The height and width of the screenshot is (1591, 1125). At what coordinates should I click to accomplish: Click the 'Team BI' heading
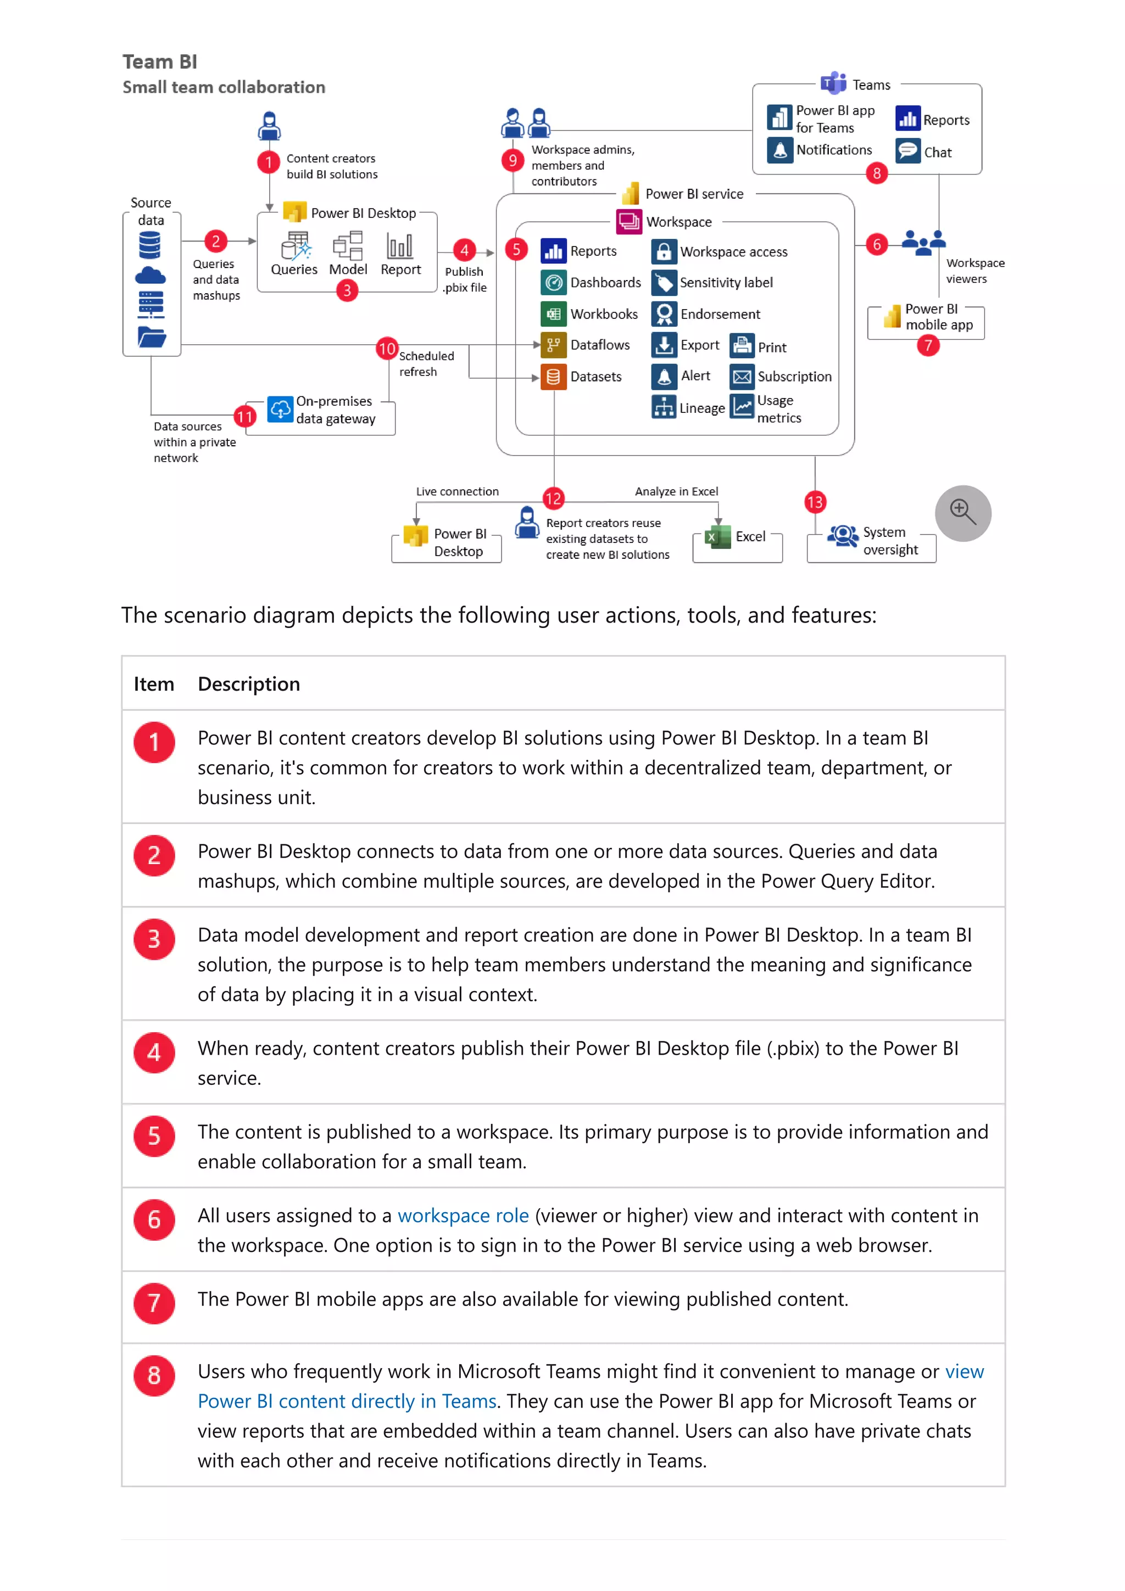click(x=159, y=61)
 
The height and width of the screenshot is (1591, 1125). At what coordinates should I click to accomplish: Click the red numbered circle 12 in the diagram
click(x=553, y=498)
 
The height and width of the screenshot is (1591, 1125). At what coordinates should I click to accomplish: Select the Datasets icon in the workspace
click(x=553, y=377)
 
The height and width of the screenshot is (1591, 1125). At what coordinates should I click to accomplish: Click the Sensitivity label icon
click(x=664, y=283)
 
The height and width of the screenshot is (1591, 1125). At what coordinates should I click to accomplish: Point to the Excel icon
click(x=717, y=536)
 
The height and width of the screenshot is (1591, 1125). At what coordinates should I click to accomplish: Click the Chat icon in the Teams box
click(x=907, y=151)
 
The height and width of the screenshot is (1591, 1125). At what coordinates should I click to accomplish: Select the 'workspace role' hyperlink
click(x=463, y=1215)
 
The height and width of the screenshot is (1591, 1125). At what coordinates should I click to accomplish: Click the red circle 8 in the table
click(x=154, y=1375)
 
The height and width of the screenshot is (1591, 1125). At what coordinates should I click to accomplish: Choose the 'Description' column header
click(x=249, y=684)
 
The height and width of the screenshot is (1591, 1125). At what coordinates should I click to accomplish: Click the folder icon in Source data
click(x=151, y=338)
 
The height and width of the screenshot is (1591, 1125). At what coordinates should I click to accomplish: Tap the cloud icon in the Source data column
click(x=151, y=276)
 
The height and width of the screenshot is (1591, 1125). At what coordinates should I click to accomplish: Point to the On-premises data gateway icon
click(x=280, y=410)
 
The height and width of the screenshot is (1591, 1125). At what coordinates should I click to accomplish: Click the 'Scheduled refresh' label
click(x=426, y=364)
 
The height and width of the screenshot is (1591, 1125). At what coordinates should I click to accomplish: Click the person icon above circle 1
click(x=269, y=125)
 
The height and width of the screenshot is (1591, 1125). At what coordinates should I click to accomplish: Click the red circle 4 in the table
click(x=154, y=1052)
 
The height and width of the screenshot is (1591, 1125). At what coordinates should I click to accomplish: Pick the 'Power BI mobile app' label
click(x=939, y=317)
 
